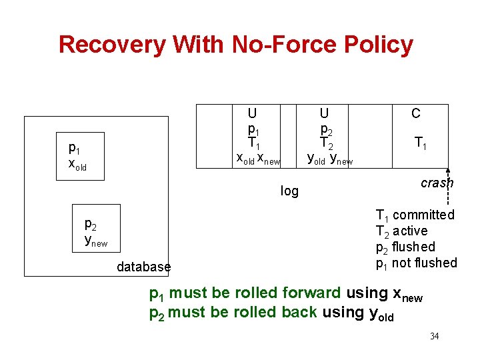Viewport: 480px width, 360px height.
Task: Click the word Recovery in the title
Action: (x=112, y=45)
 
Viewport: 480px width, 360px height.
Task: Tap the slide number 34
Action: (x=434, y=336)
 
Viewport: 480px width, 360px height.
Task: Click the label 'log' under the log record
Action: (x=289, y=191)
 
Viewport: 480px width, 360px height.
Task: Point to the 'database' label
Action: (x=143, y=267)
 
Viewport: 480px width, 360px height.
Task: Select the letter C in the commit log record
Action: (x=416, y=114)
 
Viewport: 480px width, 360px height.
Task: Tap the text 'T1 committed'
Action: (x=415, y=215)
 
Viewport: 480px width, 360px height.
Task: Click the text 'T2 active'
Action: (x=401, y=231)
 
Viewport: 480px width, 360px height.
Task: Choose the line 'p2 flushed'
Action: (x=405, y=247)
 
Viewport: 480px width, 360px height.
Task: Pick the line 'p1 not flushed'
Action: (x=416, y=263)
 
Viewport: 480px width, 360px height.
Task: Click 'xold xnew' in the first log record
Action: (x=259, y=159)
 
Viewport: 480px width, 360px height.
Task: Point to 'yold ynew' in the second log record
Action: (x=329, y=159)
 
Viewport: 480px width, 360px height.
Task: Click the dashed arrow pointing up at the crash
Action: (x=448, y=190)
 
